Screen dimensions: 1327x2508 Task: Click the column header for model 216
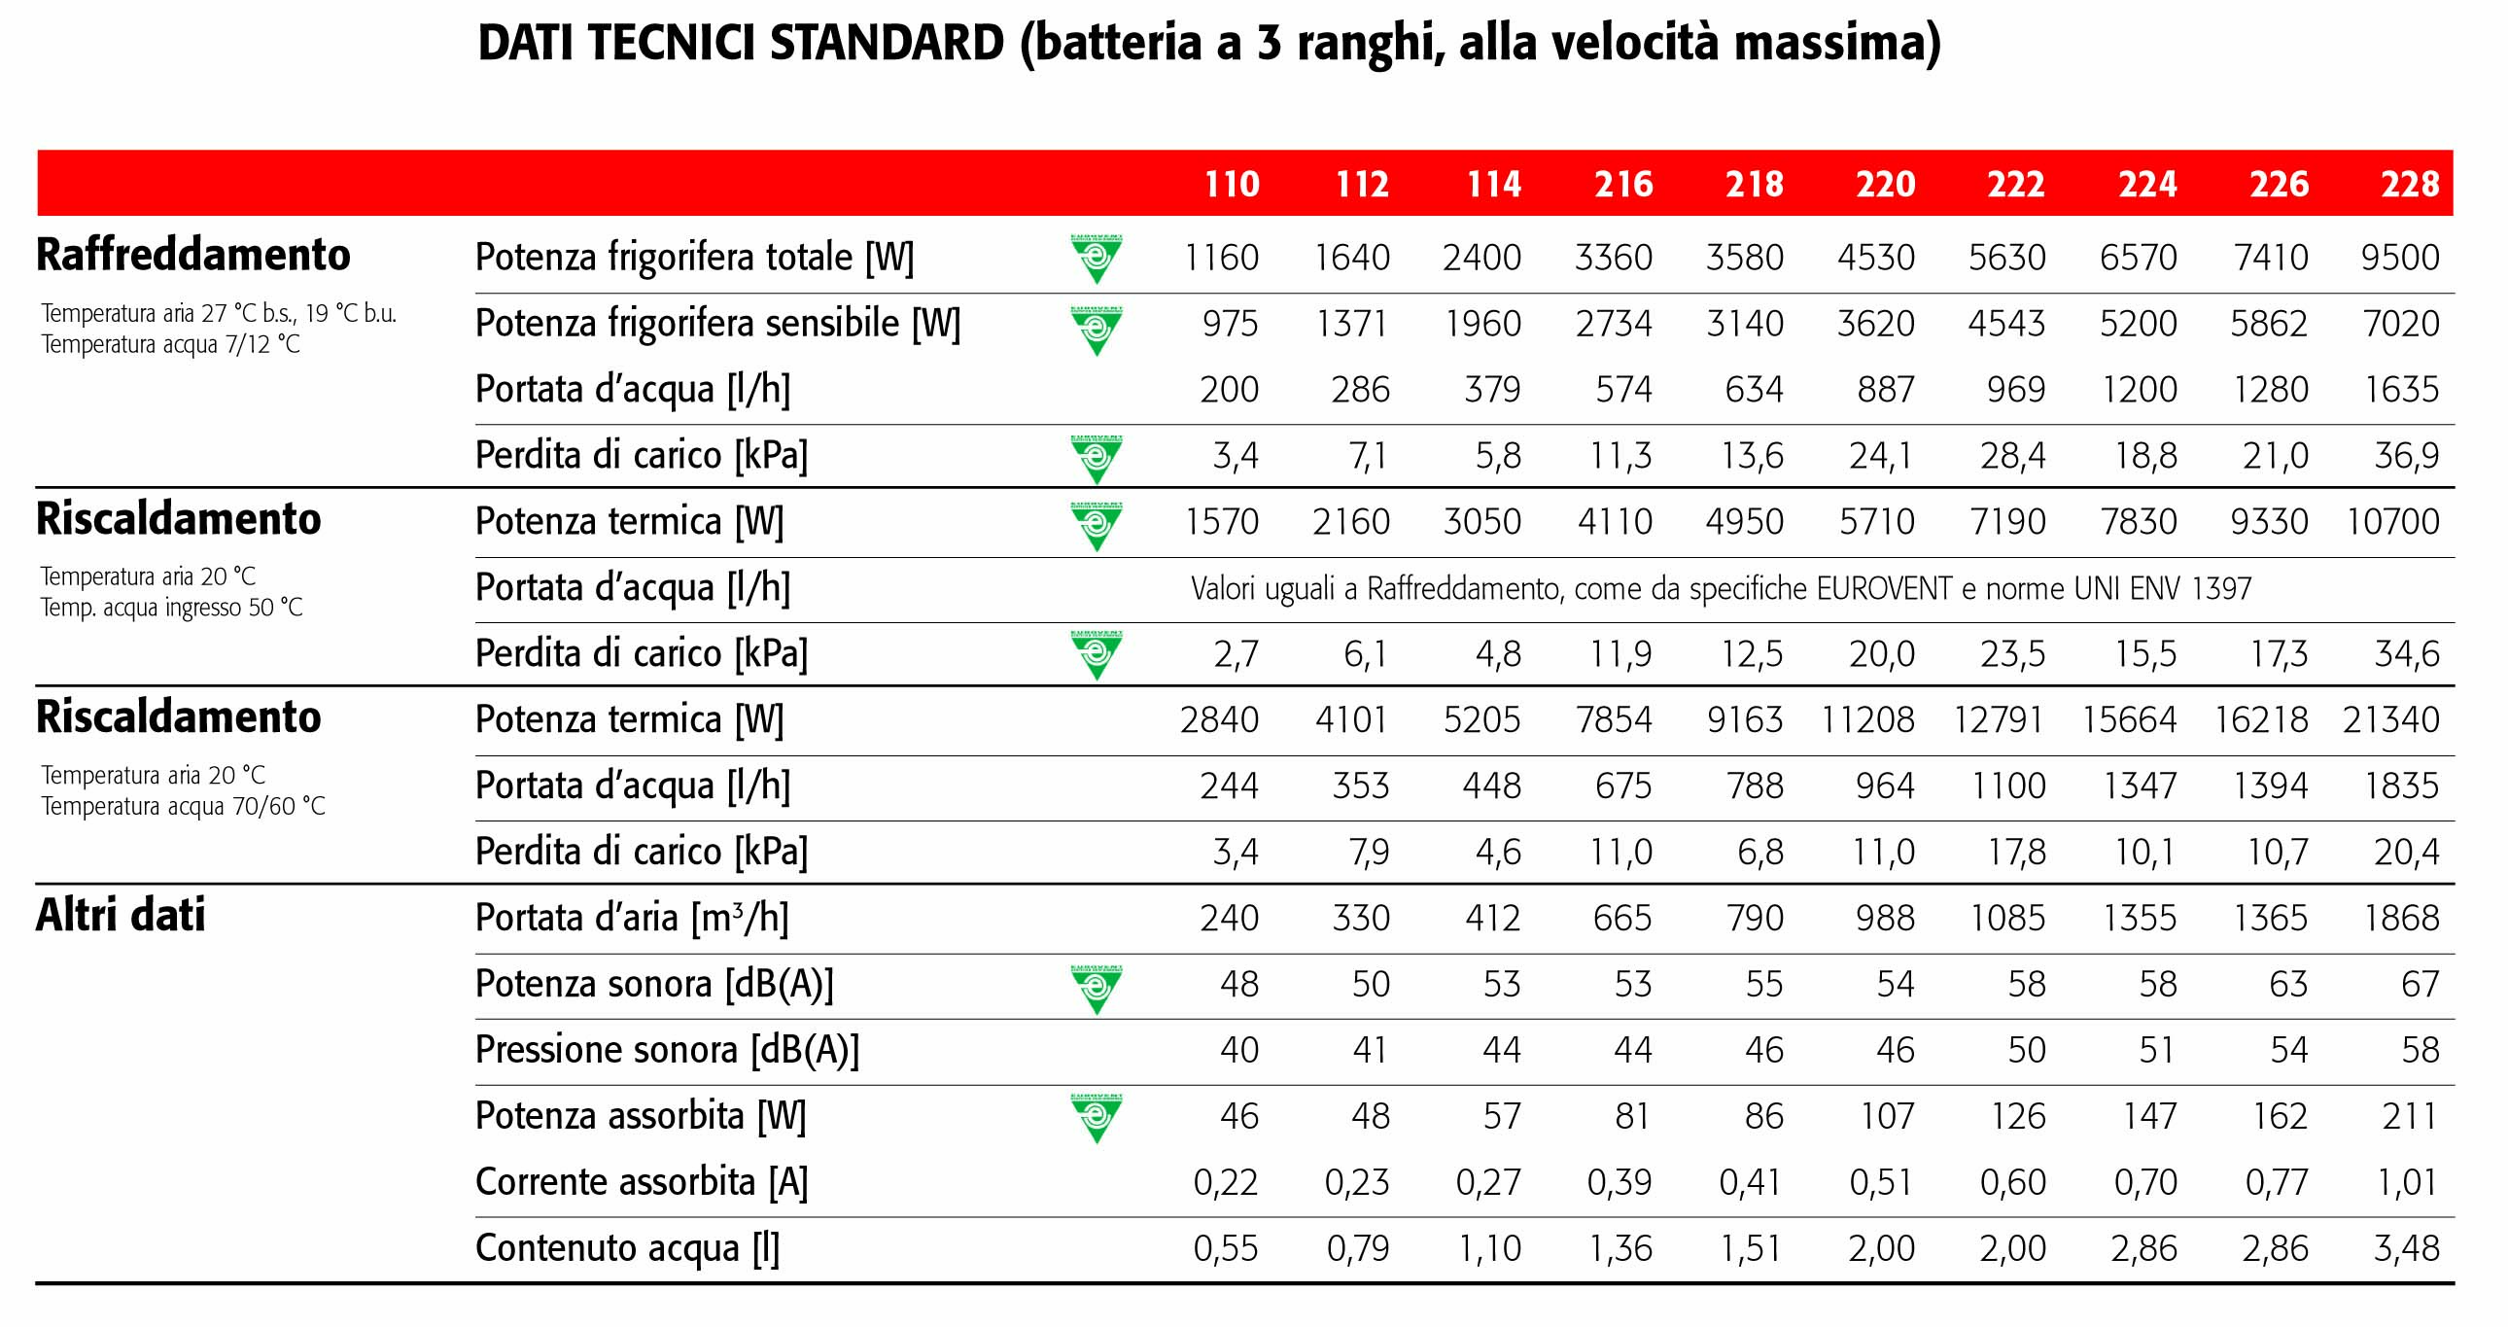click(x=1623, y=184)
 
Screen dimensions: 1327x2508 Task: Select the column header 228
click(x=2410, y=184)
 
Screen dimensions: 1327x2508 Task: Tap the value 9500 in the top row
click(x=2400, y=258)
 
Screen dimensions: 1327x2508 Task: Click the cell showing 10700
click(x=2392, y=522)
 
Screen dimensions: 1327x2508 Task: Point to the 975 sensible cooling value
click(x=1230, y=324)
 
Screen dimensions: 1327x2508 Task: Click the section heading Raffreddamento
click(x=192, y=255)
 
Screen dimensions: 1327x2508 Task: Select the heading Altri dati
click(x=120, y=915)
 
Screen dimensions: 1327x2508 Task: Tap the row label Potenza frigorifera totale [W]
click(x=694, y=258)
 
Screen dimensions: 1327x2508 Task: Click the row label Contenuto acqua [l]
click(x=627, y=1248)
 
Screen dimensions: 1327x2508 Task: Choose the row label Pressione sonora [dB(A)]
click(x=667, y=1051)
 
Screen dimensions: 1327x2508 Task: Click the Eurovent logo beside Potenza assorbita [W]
click(x=1097, y=1118)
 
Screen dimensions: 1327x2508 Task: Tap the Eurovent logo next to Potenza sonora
click(x=1097, y=988)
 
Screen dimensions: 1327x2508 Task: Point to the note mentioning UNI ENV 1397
click(x=1721, y=589)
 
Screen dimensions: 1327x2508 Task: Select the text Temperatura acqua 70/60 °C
click(x=183, y=807)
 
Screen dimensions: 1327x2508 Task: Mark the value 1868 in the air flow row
click(x=2401, y=918)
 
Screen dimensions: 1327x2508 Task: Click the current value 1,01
click(x=2406, y=1183)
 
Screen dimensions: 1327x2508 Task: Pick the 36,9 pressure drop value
click(x=2406, y=456)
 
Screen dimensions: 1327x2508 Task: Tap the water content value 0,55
click(x=1226, y=1249)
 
